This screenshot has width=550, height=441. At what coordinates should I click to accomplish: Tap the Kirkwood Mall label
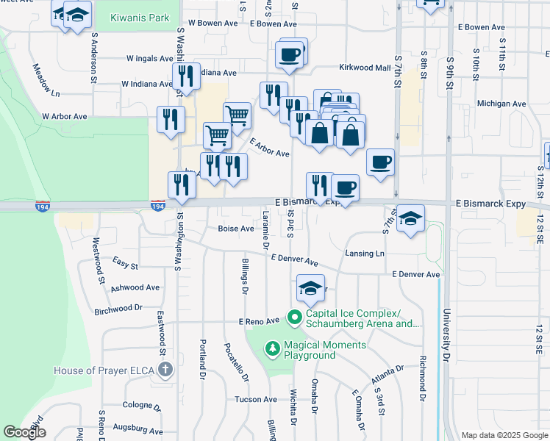[365, 68]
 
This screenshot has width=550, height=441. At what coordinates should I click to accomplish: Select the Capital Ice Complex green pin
[295, 318]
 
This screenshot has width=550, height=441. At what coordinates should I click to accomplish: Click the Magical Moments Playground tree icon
[272, 347]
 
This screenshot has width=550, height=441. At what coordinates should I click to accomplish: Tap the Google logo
[25, 432]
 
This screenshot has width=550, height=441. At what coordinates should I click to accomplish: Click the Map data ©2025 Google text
[504, 435]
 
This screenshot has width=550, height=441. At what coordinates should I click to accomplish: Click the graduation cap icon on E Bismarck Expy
[411, 218]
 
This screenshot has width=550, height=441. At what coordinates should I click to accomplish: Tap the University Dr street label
[446, 334]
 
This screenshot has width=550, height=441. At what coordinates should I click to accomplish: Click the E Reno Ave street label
[259, 321]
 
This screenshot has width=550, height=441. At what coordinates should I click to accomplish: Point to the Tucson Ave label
[255, 400]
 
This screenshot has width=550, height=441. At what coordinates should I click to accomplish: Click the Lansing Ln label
[365, 254]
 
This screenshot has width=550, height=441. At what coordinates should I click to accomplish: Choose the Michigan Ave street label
[498, 104]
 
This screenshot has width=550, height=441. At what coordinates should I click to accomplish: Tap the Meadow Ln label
[46, 79]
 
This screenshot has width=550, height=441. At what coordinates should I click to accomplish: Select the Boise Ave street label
[235, 229]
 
